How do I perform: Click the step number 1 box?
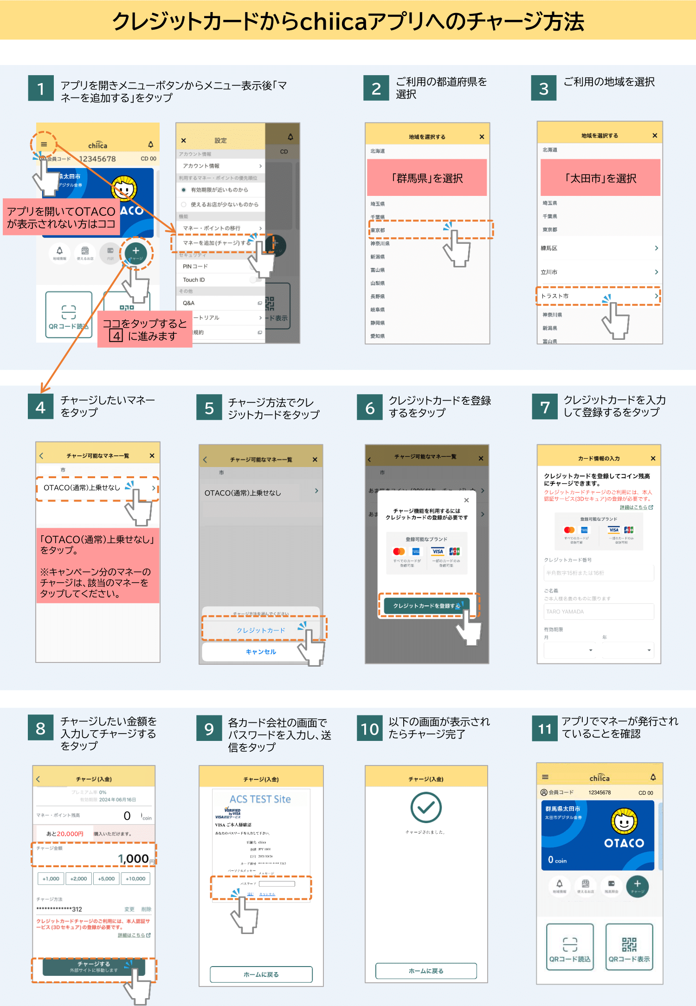coord(41,88)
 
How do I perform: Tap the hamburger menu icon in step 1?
coord(44,144)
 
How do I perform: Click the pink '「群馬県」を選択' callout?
coord(427,178)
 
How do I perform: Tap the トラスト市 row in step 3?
coord(599,296)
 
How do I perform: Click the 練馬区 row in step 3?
coord(599,248)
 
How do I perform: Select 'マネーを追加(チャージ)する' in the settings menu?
coord(218,243)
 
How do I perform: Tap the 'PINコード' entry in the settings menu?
coord(218,266)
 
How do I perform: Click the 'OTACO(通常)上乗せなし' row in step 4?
coord(97,488)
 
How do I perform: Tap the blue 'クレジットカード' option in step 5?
coord(261,630)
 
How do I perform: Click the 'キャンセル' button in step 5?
coord(261,652)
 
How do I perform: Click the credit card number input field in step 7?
coord(599,573)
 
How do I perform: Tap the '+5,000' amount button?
coord(107,878)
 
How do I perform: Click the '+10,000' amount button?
coord(135,878)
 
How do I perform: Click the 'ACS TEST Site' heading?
coord(260,799)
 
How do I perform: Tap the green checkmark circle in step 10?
coord(426,808)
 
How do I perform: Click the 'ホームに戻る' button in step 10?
coord(426,971)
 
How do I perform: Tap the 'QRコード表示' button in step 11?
coord(629,947)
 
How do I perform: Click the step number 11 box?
coord(545,728)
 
